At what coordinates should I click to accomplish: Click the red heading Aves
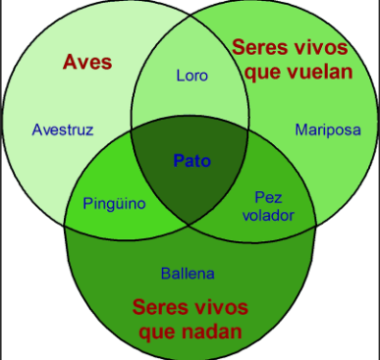tap(87, 62)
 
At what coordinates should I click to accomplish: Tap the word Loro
tap(192, 76)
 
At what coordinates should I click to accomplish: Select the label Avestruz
tap(63, 129)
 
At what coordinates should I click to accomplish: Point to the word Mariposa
tap(328, 129)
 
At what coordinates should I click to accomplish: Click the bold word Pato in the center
tap(192, 161)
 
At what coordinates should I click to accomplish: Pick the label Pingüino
tap(114, 203)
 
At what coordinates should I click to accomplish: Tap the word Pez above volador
tap(268, 197)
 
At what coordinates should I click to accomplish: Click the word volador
tap(268, 215)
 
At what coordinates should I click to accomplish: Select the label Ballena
tap(188, 274)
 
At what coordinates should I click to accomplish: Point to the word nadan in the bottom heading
tap(211, 332)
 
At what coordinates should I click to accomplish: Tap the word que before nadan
tap(158, 333)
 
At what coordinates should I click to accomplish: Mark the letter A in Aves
tap(71, 62)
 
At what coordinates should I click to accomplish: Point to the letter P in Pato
tap(179, 161)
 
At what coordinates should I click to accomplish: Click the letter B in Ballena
tap(166, 274)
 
